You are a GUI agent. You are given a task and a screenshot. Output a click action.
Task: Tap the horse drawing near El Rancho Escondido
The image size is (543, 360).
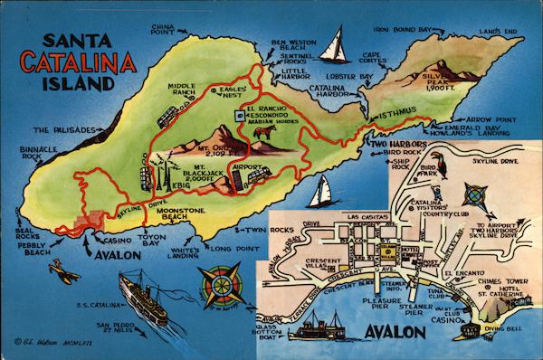tap(265, 135)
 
